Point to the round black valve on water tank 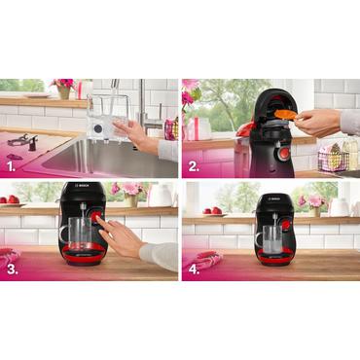100,128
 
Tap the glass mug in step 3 78,234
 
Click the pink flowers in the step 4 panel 313,201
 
